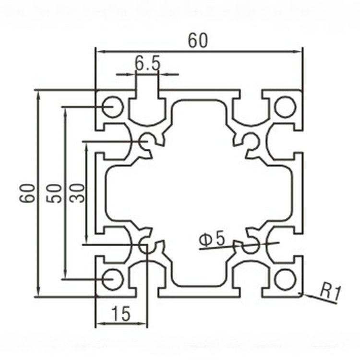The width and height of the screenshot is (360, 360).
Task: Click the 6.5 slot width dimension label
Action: [147, 63]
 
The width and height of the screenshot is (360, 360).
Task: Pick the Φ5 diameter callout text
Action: [212, 239]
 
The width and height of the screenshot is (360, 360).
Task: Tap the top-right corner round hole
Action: [285, 107]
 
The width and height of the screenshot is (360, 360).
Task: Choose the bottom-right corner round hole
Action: [285, 279]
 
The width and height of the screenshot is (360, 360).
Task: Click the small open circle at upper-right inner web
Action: [251, 141]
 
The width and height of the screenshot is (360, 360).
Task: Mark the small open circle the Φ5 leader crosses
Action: [251, 246]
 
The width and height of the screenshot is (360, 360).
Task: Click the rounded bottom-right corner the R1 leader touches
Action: [301, 294]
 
